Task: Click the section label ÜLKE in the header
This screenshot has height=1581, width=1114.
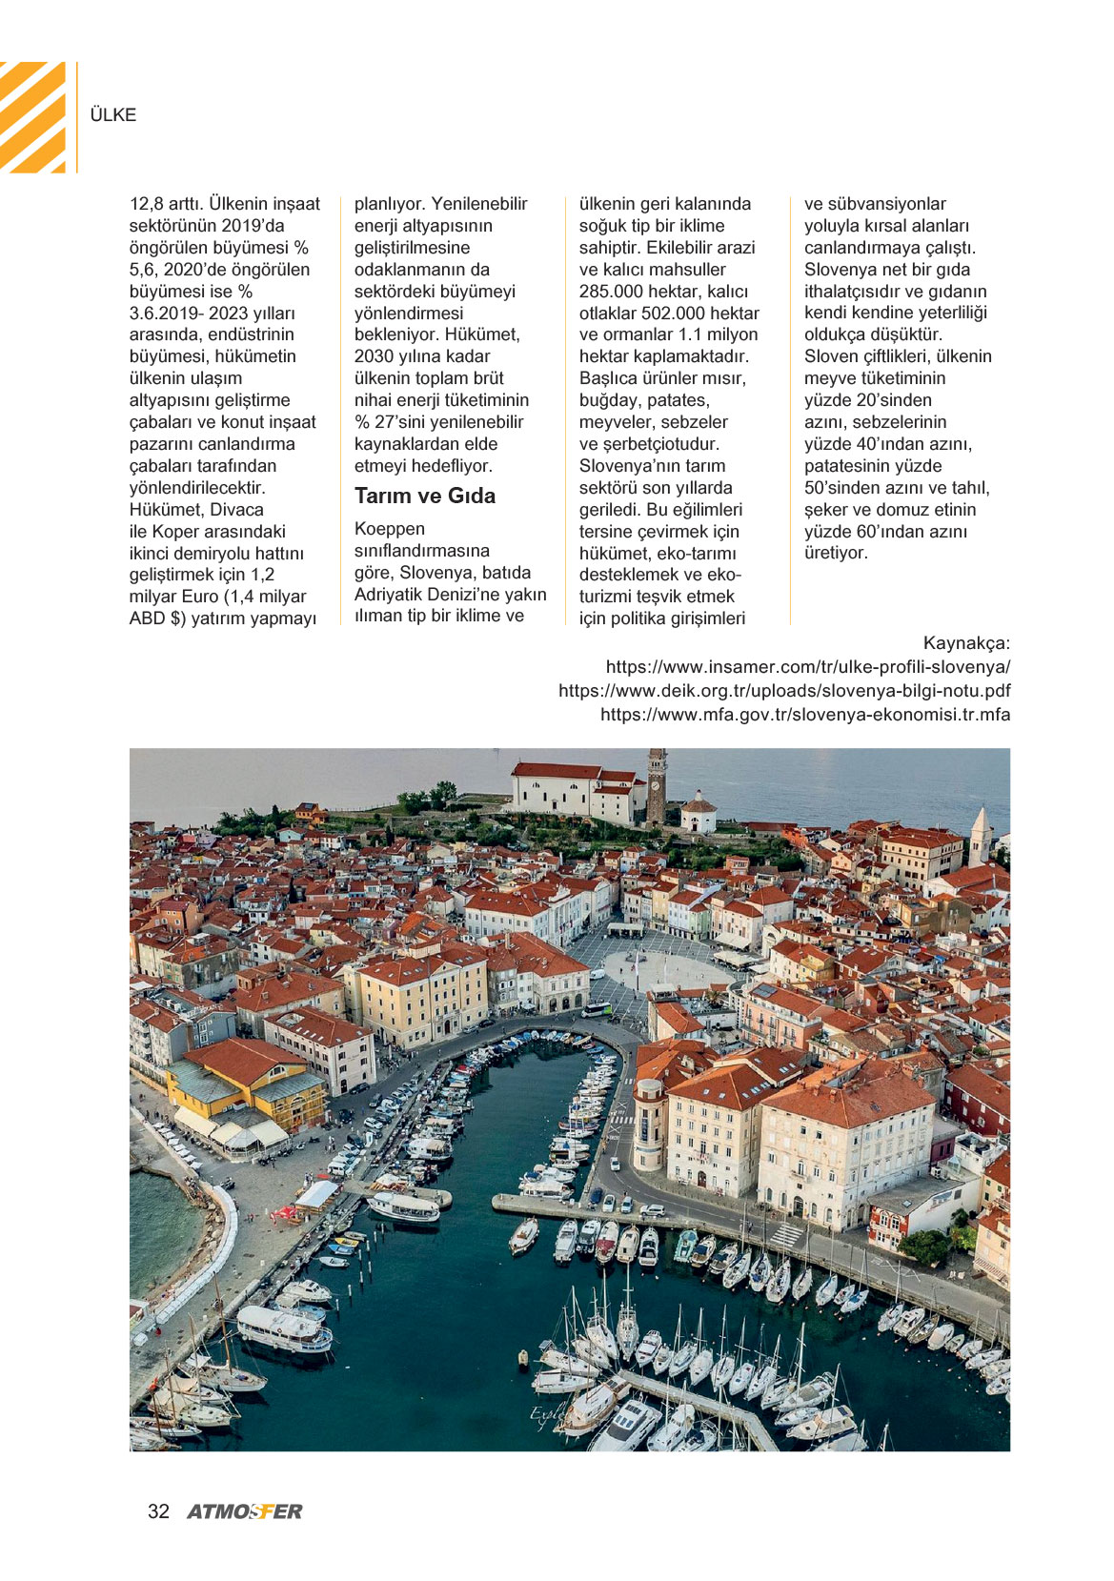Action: tap(112, 114)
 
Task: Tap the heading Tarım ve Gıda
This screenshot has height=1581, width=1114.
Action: tap(425, 496)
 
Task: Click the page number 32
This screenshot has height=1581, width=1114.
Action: tap(158, 1511)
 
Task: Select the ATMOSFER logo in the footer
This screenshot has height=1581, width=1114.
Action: tap(245, 1511)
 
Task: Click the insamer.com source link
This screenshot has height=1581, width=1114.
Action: tap(808, 667)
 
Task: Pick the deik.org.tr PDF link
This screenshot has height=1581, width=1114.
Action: tap(784, 691)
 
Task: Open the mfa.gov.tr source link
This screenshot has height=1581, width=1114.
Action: tap(805, 715)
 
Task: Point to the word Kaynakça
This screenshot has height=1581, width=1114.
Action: tap(966, 643)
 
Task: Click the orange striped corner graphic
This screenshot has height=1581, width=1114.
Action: tap(34, 116)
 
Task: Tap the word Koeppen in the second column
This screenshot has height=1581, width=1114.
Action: tap(390, 529)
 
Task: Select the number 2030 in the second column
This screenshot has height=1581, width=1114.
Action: tap(375, 356)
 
